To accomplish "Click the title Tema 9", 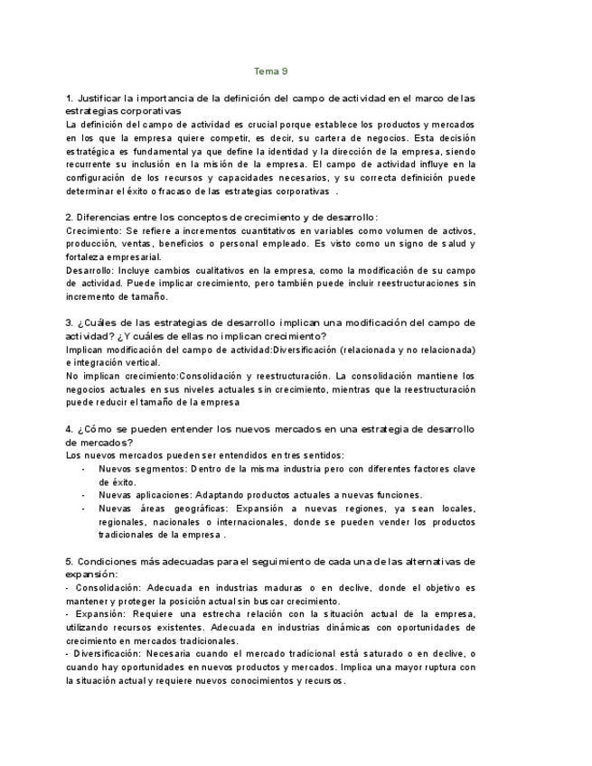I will pyautogui.click(x=271, y=70).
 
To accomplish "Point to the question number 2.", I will pyautogui.click(x=70, y=217).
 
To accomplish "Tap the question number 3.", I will pyautogui.click(x=70, y=322).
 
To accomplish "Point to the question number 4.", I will pyautogui.click(x=70, y=428).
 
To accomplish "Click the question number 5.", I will pyautogui.click(x=70, y=561).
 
